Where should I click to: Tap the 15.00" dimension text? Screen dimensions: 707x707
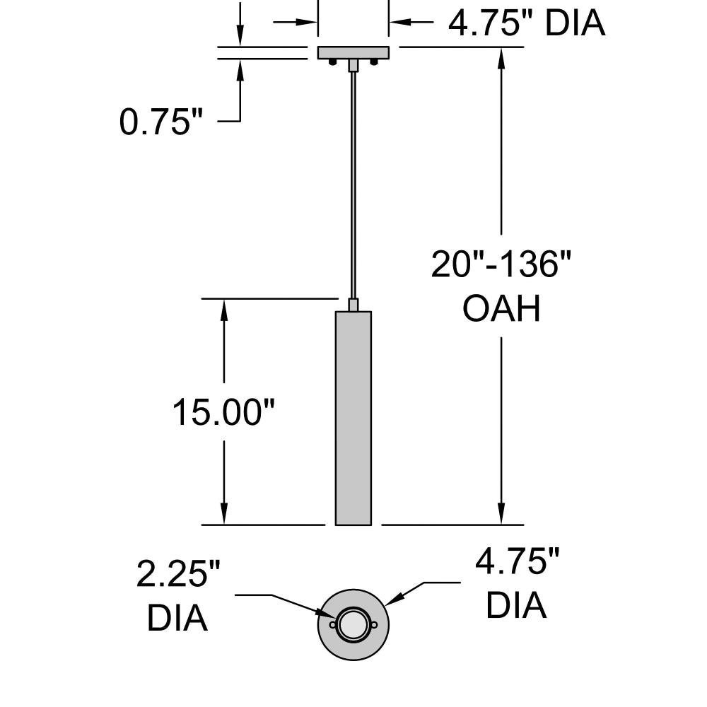pyautogui.click(x=223, y=411)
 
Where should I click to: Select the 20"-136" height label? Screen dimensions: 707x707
pyautogui.click(x=501, y=264)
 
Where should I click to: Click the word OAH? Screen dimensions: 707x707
pyautogui.click(x=501, y=309)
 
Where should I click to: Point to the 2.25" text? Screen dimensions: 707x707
pyautogui.click(x=178, y=573)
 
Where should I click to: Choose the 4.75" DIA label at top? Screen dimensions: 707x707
pyautogui.click(x=526, y=23)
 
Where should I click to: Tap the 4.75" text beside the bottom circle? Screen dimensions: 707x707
pyautogui.click(x=518, y=561)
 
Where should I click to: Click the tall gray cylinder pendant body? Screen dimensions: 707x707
pyautogui.click(x=353, y=418)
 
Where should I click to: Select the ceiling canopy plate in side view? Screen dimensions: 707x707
pyautogui.click(x=353, y=53)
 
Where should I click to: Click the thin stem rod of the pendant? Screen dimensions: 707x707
pyautogui.click(x=353, y=185)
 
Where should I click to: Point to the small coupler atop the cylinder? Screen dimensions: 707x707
pyautogui.click(x=353, y=305)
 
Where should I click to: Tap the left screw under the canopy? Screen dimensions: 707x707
pyautogui.click(x=332, y=62)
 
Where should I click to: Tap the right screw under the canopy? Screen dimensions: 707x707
pyautogui.click(x=374, y=62)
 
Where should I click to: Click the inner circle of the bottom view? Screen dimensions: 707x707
pyautogui.click(x=353, y=624)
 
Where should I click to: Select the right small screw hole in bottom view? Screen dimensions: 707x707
pyautogui.click(x=374, y=624)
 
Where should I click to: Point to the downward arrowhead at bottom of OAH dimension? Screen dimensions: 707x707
pyautogui.click(x=501, y=513)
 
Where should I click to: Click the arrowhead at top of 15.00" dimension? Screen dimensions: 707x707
pyautogui.click(x=223, y=310)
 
